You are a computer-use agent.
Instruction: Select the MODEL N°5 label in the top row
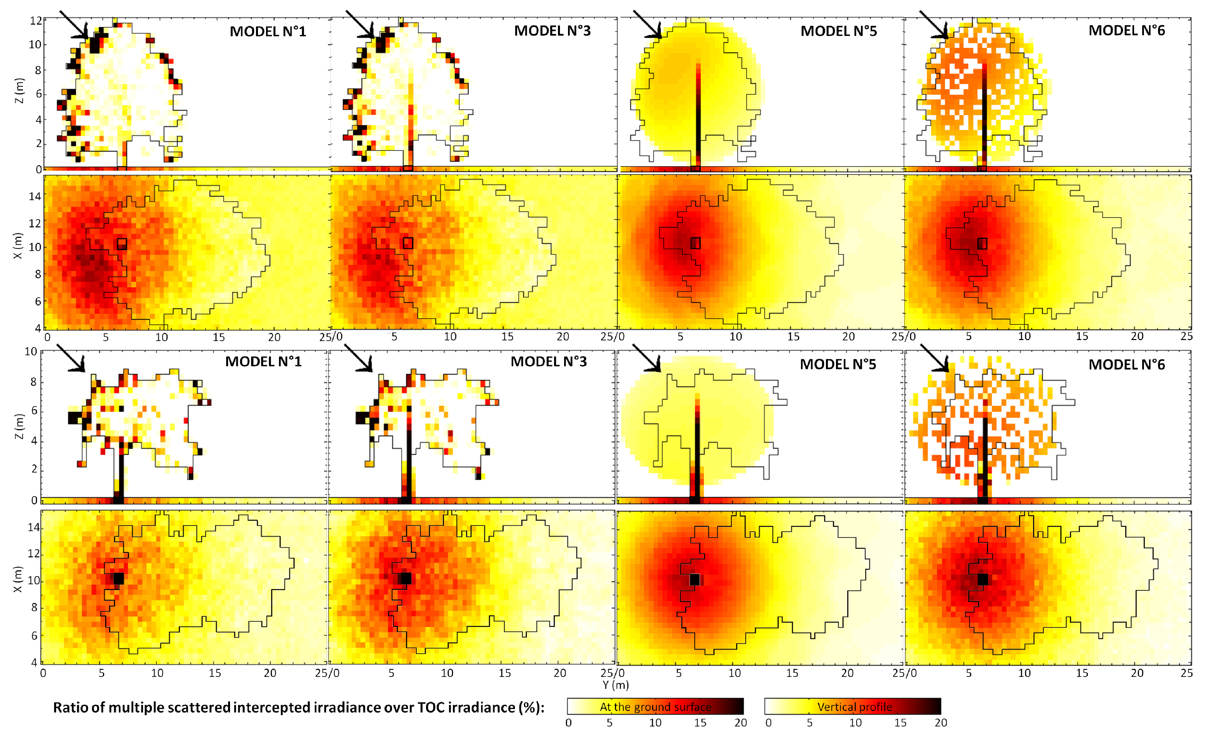click(838, 31)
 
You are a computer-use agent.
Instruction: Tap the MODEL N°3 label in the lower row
click(548, 362)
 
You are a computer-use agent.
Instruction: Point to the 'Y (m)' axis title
click(615, 685)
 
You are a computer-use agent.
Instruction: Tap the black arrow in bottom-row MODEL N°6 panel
click(934, 358)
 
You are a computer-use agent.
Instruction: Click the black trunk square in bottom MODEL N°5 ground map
click(695, 579)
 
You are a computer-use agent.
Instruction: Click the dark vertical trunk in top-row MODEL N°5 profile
click(698, 118)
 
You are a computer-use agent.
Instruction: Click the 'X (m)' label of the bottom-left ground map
click(17, 579)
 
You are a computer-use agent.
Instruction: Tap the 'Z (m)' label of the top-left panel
click(18, 91)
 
